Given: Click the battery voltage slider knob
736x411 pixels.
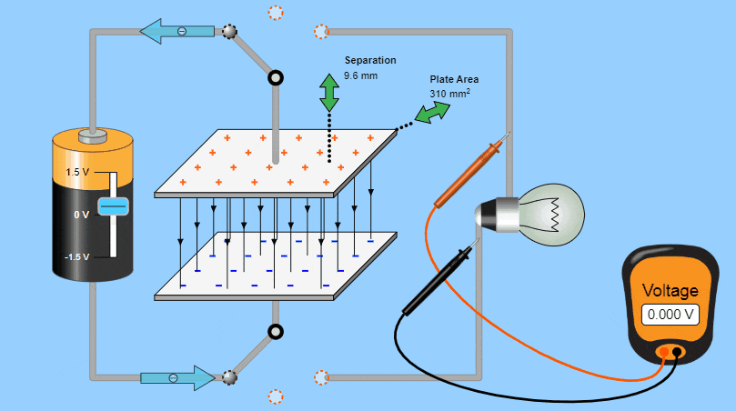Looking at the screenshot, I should pyautogui.click(x=114, y=206).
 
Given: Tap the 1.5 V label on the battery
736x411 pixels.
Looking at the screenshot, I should pyautogui.click(x=76, y=172).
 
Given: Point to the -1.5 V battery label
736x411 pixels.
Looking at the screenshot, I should pyautogui.click(x=76, y=257).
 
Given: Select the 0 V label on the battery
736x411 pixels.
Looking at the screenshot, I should pyautogui.click(x=81, y=215).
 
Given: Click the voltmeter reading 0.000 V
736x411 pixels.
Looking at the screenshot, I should pyautogui.click(x=671, y=315).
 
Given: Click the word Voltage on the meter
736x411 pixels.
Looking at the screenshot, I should pyautogui.click(x=670, y=291).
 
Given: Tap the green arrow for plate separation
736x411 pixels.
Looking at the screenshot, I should pyautogui.click(x=328, y=93).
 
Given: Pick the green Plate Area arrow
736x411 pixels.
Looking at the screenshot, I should pyautogui.click(x=433, y=112).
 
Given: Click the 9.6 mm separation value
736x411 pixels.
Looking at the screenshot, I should pyautogui.click(x=360, y=75).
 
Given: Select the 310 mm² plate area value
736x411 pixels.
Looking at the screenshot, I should pyautogui.click(x=449, y=93).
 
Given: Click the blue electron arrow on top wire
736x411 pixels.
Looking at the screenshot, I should pyautogui.click(x=176, y=32).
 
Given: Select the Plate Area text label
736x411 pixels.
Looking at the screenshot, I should pyautogui.click(x=454, y=79).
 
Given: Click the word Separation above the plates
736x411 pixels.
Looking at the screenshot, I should pyautogui.click(x=369, y=61).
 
